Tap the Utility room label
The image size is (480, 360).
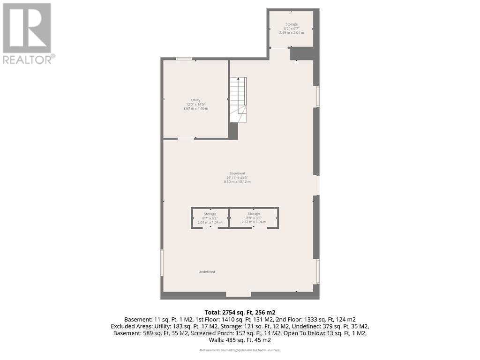point(195,100)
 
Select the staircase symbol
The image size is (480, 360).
point(238,99)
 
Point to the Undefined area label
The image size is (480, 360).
point(207,272)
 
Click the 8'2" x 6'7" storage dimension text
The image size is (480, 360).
point(292,28)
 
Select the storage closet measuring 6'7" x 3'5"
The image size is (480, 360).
point(210,218)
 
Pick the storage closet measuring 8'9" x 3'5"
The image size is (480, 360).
point(254,218)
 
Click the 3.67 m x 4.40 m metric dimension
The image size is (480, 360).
point(195,108)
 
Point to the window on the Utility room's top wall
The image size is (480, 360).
point(184,59)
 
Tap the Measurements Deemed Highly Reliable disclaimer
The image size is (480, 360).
point(240,350)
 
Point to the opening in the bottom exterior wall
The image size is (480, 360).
point(238,295)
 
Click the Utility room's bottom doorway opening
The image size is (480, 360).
point(186,138)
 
